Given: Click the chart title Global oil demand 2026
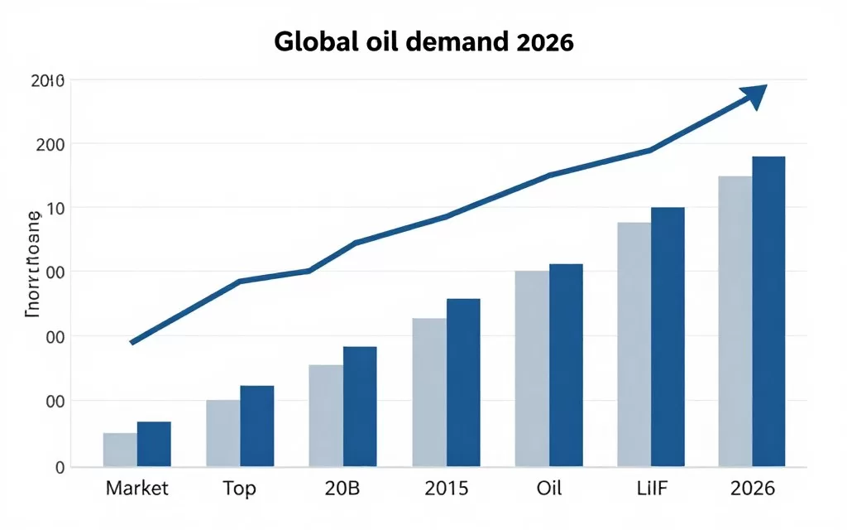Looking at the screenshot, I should [423, 43].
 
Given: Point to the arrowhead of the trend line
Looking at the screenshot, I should [756, 94].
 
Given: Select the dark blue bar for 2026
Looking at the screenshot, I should [768, 311].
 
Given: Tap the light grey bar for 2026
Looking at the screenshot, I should [735, 321].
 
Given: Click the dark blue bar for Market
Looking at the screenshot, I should [154, 444].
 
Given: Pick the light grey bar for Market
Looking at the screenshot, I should [120, 450].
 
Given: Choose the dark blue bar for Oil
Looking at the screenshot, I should [566, 365].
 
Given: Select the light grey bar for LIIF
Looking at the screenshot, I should [634, 344].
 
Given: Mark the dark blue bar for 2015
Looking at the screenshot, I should [463, 383].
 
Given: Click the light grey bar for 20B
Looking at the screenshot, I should [326, 416].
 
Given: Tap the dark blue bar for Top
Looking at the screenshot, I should [256, 426].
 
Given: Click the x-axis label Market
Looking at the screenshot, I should [136, 489].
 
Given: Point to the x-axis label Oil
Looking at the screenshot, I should [548, 489].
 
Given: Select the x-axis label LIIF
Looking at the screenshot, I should [650, 489].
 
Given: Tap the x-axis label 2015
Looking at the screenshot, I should [446, 489].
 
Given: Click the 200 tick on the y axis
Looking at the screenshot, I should [50, 144].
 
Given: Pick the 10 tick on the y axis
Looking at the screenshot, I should [55, 208].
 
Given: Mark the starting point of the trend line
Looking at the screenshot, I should [133, 342].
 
